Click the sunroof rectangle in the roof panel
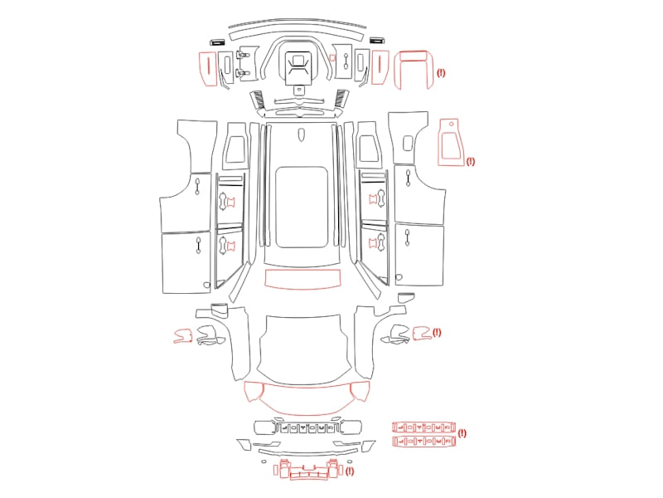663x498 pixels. point(302,207)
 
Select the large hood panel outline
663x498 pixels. point(303,349)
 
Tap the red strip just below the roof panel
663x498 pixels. point(302,279)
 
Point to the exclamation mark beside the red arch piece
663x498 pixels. point(441,73)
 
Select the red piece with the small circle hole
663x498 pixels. point(451,142)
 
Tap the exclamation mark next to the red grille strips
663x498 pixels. point(462,433)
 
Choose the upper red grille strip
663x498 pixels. point(423,427)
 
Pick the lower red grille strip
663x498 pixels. point(423,442)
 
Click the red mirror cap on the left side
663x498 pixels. point(183,335)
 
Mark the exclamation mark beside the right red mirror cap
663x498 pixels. point(437,333)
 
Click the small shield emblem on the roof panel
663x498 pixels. point(301,134)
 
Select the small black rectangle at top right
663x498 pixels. point(377,41)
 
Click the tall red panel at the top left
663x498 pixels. point(208,69)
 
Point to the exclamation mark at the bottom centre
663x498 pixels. point(349,471)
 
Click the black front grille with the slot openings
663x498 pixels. point(307,427)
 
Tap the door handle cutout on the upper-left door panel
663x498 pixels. point(197,186)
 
